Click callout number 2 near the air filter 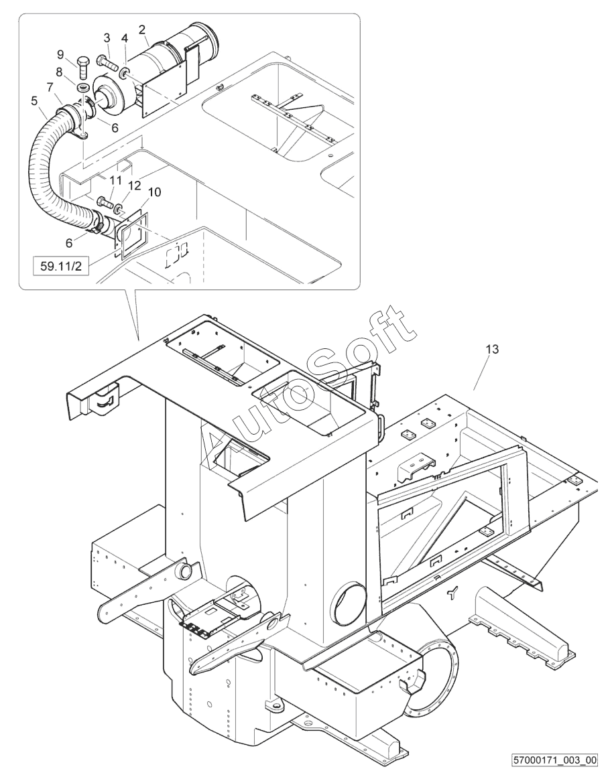pyautogui.click(x=142, y=29)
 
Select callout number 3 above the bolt pyautogui.click(x=107, y=37)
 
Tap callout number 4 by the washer pyautogui.click(x=125, y=38)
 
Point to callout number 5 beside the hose pyautogui.click(x=34, y=101)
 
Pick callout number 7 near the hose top pyautogui.click(x=50, y=86)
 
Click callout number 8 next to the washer pyautogui.click(x=60, y=72)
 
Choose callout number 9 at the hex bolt pyautogui.click(x=60, y=54)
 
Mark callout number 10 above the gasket pyautogui.click(x=155, y=192)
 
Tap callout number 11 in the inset pyautogui.click(x=115, y=180)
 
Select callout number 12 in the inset pyautogui.click(x=135, y=185)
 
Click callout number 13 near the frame pyautogui.click(x=492, y=350)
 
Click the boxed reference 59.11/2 pyautogui.click(x=60, y=267)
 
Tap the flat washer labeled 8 pyautogui.click(x=82, y=87)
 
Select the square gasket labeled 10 pyautogui.click(x=131, y=234)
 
